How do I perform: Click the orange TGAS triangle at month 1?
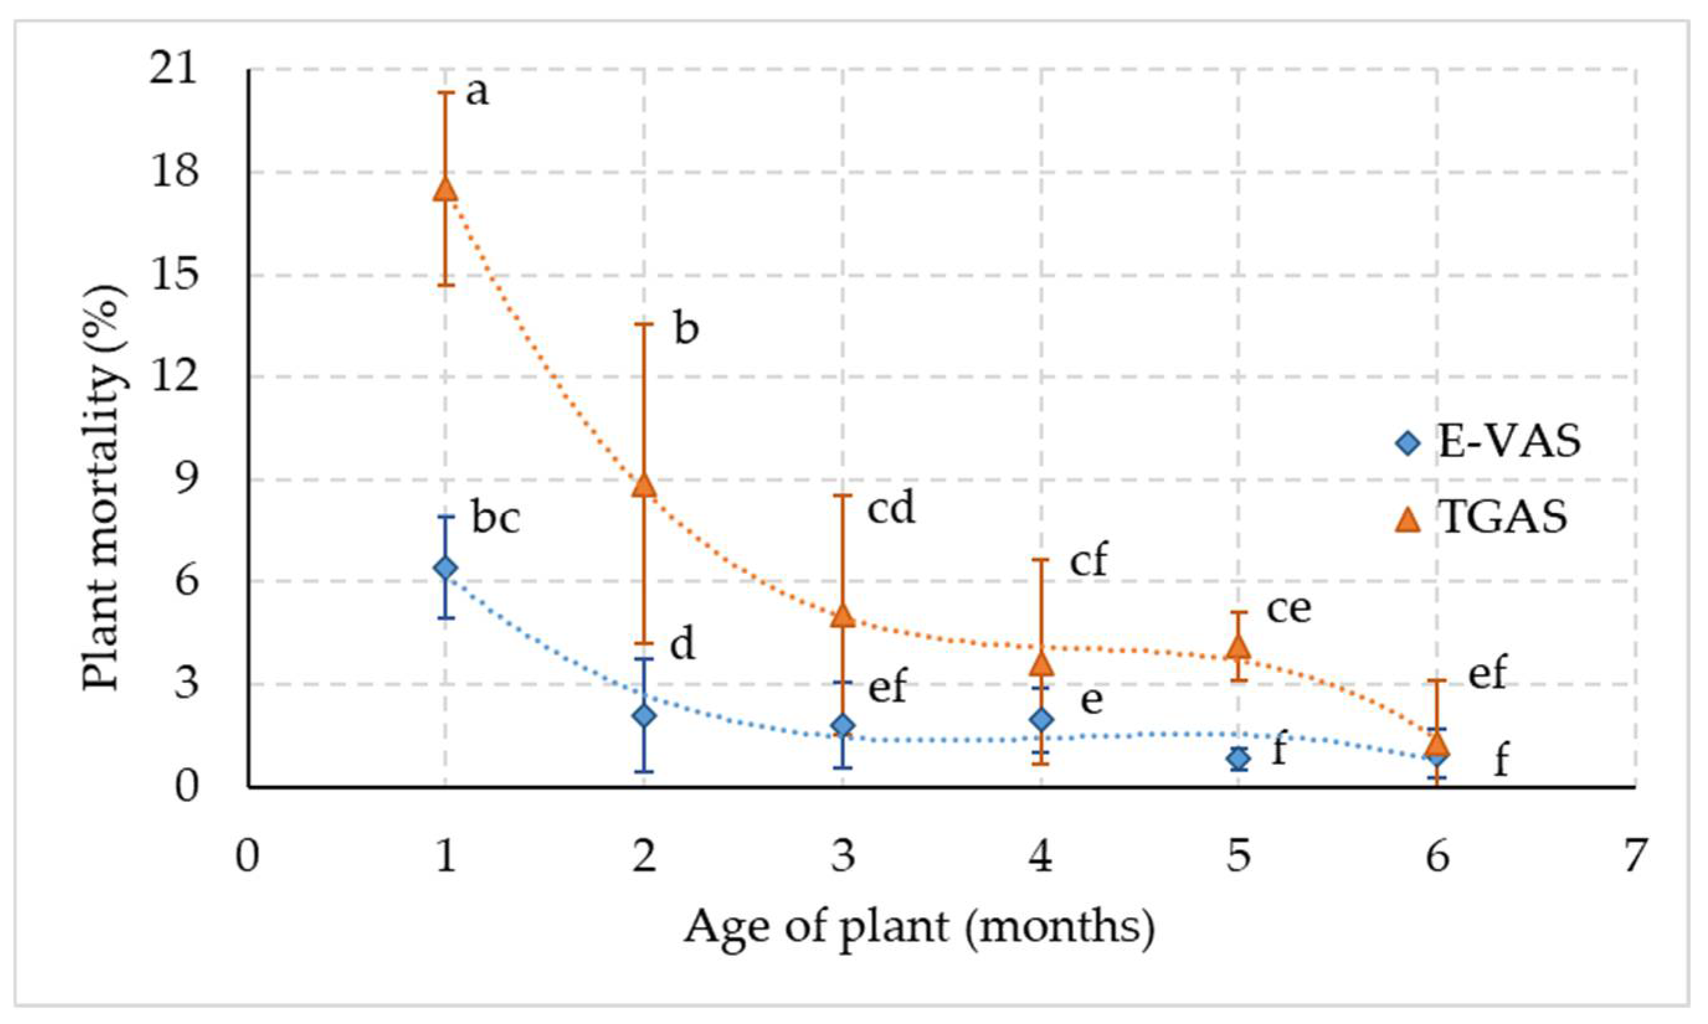[445, 189]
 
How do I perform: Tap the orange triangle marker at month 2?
[644, 486]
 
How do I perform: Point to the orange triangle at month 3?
[842, 616]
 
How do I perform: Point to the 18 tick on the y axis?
[176, 172]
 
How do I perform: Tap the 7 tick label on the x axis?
[1634, 857]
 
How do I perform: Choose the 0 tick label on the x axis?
[246, 857]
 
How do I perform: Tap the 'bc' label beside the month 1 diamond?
[496, 519]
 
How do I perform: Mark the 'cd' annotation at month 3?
[891, 509]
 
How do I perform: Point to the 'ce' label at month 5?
[1288, 608]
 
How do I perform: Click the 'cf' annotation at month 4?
[1089, 561]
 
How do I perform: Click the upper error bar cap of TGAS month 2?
[644, 324]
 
